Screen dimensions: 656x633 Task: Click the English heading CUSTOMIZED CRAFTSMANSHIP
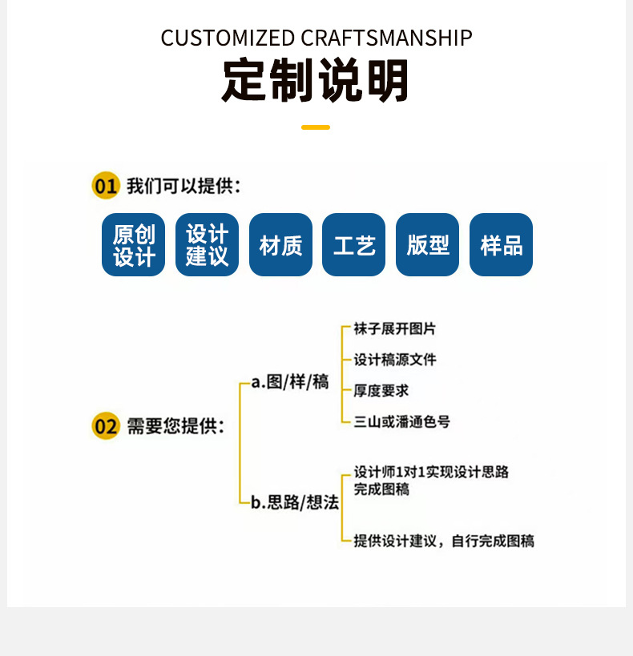316,38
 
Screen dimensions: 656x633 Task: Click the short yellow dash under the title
316,127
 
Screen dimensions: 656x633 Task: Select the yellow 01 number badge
106,187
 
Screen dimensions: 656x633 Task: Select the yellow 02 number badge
106,425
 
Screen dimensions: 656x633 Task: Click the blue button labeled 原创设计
134,245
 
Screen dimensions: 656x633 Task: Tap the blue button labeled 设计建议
207,245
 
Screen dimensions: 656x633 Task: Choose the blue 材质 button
280,245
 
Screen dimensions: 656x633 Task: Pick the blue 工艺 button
354,245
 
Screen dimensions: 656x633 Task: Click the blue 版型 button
428,245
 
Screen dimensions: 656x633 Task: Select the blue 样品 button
501,245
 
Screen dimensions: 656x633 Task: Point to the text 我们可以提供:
183,187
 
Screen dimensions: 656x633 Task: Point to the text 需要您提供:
175,425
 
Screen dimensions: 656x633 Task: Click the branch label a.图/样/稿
290,382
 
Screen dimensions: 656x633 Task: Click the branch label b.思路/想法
295,503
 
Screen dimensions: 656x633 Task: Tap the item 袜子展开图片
395,329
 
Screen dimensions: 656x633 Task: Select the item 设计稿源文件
395,360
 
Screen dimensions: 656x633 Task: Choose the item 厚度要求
381,391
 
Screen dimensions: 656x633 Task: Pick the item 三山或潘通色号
401,421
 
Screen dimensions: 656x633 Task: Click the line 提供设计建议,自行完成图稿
444,541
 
